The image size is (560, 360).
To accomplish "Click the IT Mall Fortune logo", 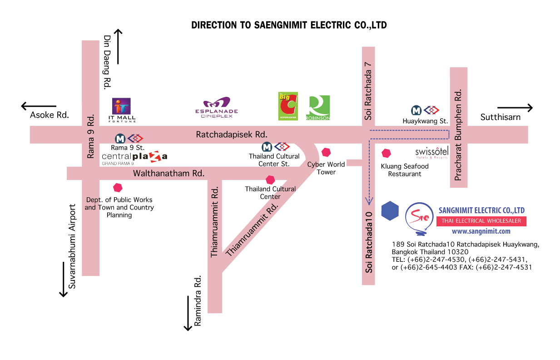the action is tap(122, 110).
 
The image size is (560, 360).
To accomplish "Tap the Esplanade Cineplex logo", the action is tap(217, 108).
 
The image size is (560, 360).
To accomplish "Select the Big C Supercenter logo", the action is tap(288, 106).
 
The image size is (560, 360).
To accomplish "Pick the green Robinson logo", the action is tap(318, 108).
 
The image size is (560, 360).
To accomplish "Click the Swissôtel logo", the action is tap(432, 153).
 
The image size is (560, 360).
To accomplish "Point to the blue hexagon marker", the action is tap(390, 210).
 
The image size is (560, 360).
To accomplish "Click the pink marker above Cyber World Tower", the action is tap(326, 152).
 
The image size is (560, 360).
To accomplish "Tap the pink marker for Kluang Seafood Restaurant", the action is tap(386, 153).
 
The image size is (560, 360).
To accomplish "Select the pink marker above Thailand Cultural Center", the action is tap(270, 180).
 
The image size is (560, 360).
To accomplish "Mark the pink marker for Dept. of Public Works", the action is tap(118, 188).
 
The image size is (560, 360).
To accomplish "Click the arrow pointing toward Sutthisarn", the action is tap(515, 108).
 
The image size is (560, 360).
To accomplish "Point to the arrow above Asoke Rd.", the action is tap(39, 106).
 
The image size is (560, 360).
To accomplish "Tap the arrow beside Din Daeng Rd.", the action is tap(118, 46).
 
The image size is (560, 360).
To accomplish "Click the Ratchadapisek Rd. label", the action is tap(232, 135).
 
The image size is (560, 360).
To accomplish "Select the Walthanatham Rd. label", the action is tap(169, 173).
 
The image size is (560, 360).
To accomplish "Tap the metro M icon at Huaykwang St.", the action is tap(416, 110).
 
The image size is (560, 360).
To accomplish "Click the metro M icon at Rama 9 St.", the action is tap(120, 139).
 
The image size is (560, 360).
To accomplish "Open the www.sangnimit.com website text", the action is tap(481, 231).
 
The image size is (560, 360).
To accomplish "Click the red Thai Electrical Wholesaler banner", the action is tap(481, 221).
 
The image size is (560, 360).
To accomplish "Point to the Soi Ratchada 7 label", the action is tap(368, 91).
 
